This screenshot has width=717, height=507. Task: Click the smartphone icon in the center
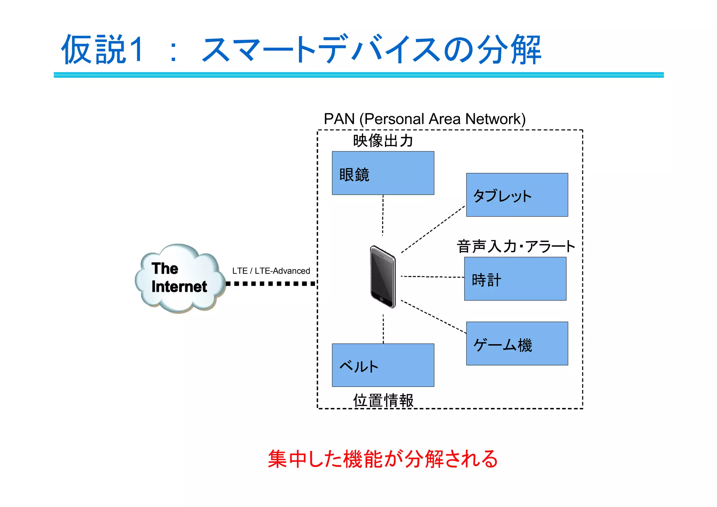click(383, 277)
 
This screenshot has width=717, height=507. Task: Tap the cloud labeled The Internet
click(179, 278)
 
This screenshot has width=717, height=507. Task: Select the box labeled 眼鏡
click(383, 173)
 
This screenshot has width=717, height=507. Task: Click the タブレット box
click(517, 195)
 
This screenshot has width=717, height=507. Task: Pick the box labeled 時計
click(515, 279)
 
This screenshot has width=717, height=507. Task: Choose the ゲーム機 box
click(517, 343)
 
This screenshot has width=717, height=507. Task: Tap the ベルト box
click(383, 365)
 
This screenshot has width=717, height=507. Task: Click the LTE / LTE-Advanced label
click(271, 271)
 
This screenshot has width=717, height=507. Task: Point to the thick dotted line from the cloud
click(270, 284)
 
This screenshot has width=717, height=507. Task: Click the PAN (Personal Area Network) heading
click(424, 119)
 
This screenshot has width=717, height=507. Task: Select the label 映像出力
click(383, 141)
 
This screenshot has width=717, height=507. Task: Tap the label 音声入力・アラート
click(516, 246)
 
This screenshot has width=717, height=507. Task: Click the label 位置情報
click(383, 400)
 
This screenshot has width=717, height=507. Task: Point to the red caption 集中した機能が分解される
click(383, 459)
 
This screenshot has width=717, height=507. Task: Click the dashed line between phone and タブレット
click(433, 229)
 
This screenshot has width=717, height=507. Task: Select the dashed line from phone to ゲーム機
click(433, 317)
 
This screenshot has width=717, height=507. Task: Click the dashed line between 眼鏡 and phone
click(383, 215)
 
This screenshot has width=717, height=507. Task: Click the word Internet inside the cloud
click(179, 287)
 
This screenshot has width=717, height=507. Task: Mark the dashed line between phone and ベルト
click(383, 328)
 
